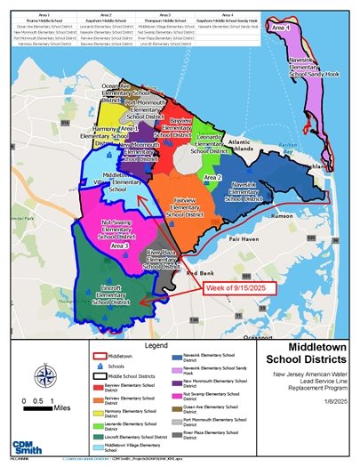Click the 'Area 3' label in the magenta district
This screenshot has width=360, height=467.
pos(120,246)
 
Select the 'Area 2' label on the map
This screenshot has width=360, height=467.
pos(212,178)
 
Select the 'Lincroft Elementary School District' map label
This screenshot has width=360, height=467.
pos(117,295)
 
